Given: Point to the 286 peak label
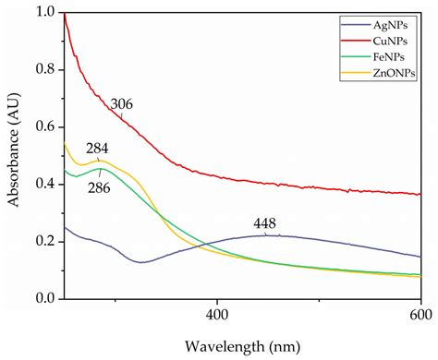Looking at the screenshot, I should click(99, 186).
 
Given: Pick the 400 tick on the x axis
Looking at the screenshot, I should click(216, 314).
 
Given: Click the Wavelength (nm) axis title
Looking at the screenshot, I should click(242, 345).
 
